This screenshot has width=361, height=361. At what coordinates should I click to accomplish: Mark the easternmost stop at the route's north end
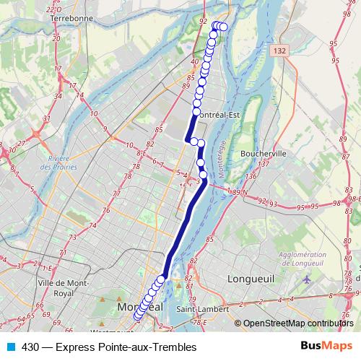coord(223,27)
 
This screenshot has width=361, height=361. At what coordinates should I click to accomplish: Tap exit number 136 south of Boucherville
coord(251,176)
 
